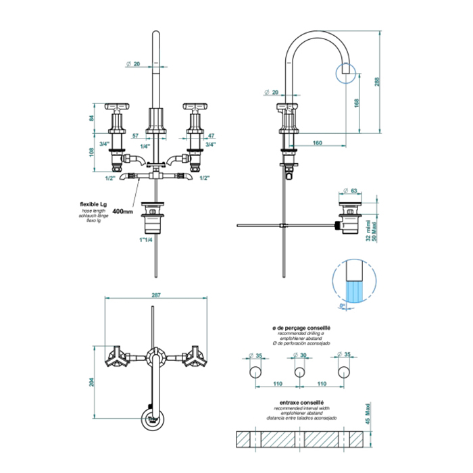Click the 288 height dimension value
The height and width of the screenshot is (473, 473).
tap(378, 81)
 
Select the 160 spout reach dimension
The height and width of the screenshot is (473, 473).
tap(318, 143)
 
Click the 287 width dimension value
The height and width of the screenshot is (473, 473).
tap(157, 296)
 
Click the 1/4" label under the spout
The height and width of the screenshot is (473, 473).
tap(145, 146)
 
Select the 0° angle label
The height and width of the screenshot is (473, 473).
tap(343, 306)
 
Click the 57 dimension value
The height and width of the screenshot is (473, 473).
tap(136, 136)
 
